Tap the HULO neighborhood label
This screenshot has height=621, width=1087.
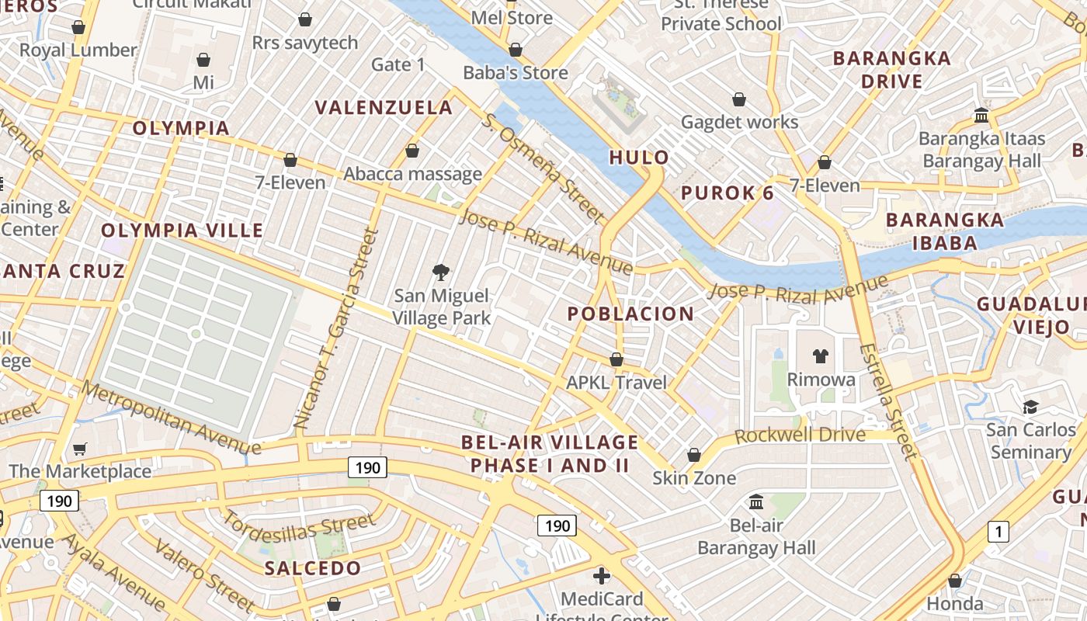[x=639, y=158]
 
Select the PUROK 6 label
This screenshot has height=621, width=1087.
[x=728, y=193]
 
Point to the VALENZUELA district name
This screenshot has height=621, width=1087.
[x=384, y=107]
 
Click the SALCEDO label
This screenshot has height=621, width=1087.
[x=313, y=567]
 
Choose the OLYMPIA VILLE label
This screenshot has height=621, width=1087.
[x=182, y=231]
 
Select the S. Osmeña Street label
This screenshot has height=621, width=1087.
[x=543, y=166]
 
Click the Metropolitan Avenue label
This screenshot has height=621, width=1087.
[x=171, y=418]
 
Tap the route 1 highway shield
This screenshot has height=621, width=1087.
[x=998, y=532]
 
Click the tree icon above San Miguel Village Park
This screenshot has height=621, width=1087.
[x=441, y=272]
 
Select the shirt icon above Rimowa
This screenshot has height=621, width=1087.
[x=821, y=356]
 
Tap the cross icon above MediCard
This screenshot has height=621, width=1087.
[x=602, y=576]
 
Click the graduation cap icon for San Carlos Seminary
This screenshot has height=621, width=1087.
[x=1031, y=407]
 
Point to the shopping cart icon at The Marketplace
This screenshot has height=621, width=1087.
[x=80, y=449]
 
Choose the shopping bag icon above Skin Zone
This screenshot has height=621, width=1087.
[x=694, y=455]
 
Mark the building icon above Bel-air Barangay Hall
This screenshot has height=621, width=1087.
[x=756, y=502]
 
